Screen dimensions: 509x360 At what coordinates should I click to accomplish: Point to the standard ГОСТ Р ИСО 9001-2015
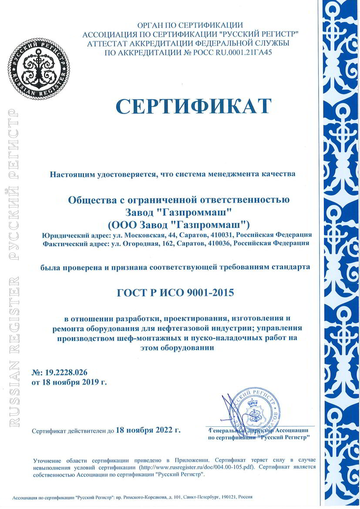[175, 292]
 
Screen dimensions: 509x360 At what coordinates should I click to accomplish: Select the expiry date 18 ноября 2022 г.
[148, 430]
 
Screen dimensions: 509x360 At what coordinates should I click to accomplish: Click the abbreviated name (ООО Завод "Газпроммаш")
[178, 224]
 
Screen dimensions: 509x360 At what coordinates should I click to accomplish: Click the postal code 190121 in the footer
[227, 496]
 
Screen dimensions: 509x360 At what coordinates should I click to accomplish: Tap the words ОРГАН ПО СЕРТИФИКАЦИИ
[190, 25]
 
